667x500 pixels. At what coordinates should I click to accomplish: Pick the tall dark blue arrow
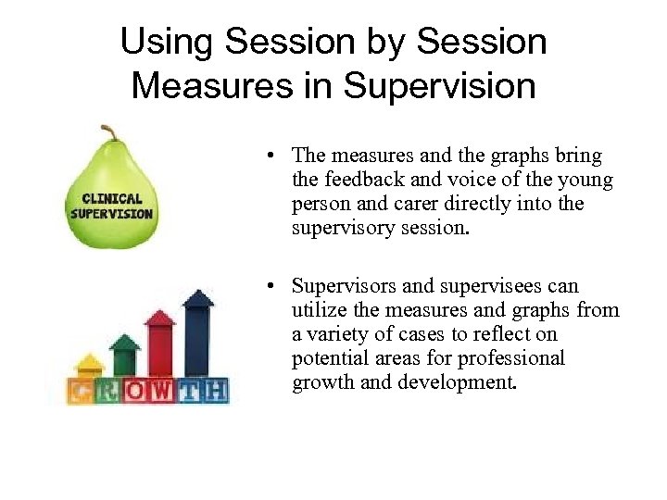[197, 329]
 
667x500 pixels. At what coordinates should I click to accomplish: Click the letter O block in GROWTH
[136, 392]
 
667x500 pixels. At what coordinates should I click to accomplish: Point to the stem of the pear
[109, 132]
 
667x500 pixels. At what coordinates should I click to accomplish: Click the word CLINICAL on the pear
[112, 197]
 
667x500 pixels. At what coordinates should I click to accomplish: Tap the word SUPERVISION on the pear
[112, 212]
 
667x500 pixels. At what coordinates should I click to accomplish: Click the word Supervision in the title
[439, 86]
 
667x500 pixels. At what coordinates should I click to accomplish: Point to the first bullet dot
[277, 156]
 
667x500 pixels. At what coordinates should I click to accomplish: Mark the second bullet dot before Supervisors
[277, 287]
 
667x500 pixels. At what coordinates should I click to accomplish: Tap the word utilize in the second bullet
[321, 310]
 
